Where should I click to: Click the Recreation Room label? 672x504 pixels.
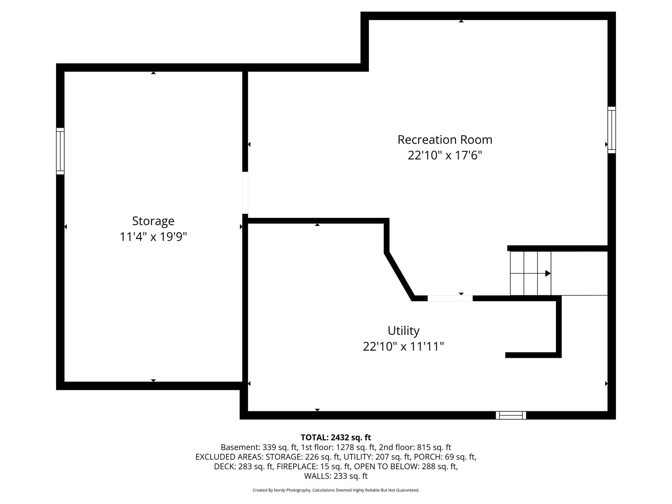pyautogui.click(x=445, y=140)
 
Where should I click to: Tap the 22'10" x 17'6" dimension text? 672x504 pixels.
pyautogui.click(x=445, y=155)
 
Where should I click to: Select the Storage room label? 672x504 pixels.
pyautogui.click(x=153, y=221)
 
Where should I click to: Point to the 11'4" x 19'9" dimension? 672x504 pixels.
pyautogui.click(x=153, y=237)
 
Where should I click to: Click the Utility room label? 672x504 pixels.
pyautogui.click(x=404, y=331)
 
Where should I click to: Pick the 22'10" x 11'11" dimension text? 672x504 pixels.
pyautogui.click(x=404, y=347)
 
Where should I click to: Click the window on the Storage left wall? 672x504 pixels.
pyautogui.click(x=60, y=151)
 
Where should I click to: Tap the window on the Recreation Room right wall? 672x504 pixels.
pyautogui.click(x=612, y=130)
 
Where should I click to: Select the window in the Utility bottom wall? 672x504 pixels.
pyautogui.click(x=511, y=415)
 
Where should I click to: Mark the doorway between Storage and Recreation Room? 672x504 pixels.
pyautogui.click(x=245, y=193)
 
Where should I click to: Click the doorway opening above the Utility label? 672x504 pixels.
pyautogui.click(x=450, y=298)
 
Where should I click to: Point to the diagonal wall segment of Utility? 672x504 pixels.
pyautogui.click(x=400, y=275)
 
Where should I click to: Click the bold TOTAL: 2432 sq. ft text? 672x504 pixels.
pyautogui.click(x=336, y=438)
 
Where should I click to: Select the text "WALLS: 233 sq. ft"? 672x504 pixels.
pyautogui.click(x=336, y=476)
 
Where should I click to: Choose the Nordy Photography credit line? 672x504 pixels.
pyautogui.click(x=336, y=490)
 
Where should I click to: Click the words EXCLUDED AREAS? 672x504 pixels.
pyautogui.click(x=229, y=457)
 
